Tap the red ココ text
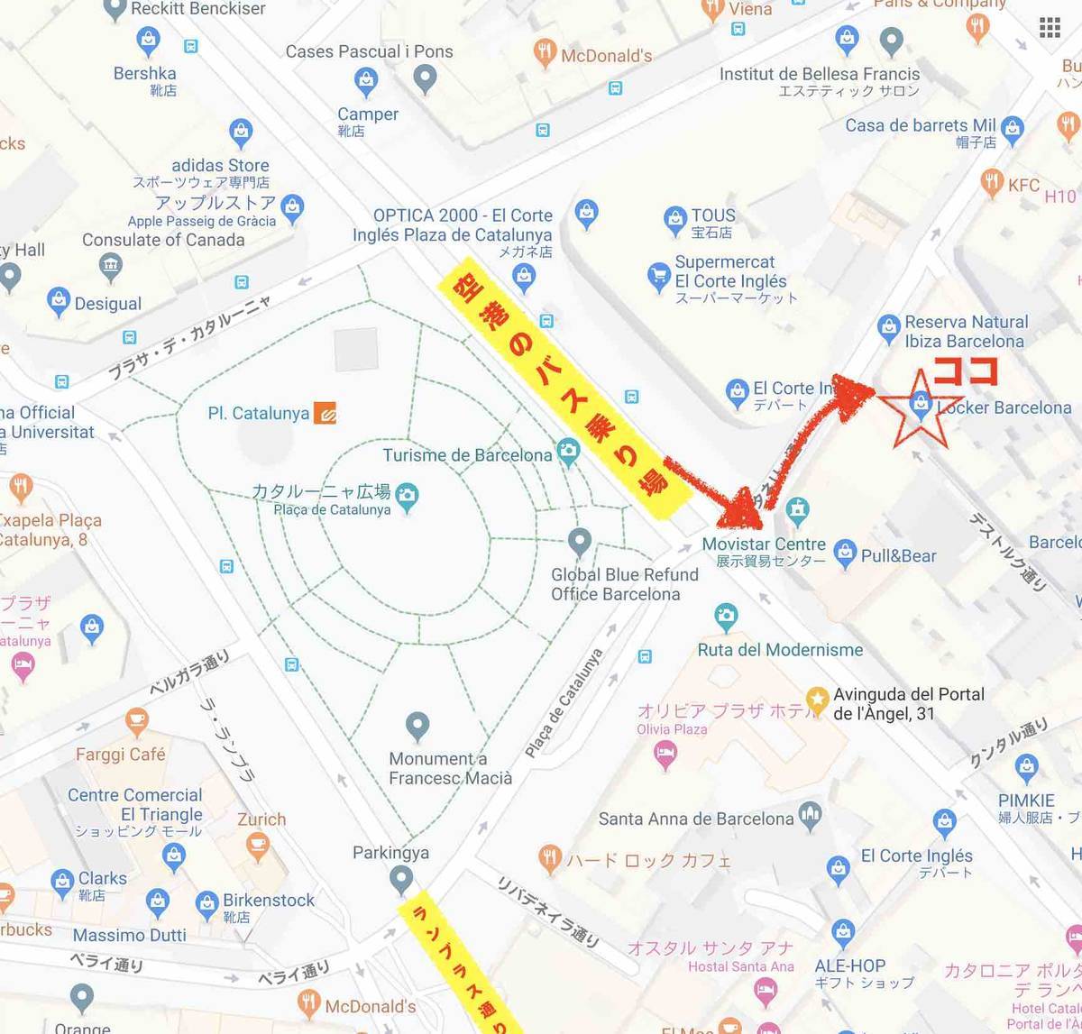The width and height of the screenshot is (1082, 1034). click(x=966, y=371)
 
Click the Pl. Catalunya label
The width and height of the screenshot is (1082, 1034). click(x=258, y=414)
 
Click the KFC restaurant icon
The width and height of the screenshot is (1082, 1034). click(x=992, y=181)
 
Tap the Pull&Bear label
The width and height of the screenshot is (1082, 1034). click(x=898, y=556)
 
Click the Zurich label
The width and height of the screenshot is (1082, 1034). click(x=261, y=819)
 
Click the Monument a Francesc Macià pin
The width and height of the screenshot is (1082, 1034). click(x=417, y=726)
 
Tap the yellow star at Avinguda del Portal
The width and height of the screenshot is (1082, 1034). click(x=817, y=699)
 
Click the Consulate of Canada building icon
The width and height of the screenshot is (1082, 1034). click(x=111, y=265)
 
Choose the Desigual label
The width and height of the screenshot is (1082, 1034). click(x=108, y=304)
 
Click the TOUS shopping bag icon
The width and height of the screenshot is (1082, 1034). click(x=674, y=219)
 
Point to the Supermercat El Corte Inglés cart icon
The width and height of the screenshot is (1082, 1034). click(x=658, y=276)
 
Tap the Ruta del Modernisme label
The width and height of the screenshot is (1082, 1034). click(x=780, y=650)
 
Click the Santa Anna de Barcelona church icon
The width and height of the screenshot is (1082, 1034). click(x=810, y=814)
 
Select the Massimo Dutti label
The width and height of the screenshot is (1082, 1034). click(x=130, y=935)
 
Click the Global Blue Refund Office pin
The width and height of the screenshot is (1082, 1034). click(x=580, y=542)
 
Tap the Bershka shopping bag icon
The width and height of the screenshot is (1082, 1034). click(x=148, y=41)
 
